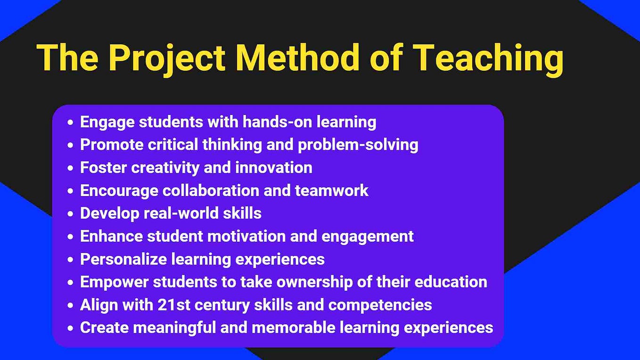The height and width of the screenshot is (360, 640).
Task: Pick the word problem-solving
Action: pos(358,145)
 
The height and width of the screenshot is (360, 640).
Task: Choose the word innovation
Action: pos(273,167)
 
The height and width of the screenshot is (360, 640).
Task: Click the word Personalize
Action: pos(123,259)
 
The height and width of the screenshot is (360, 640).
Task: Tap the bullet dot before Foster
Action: pos(71,168)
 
